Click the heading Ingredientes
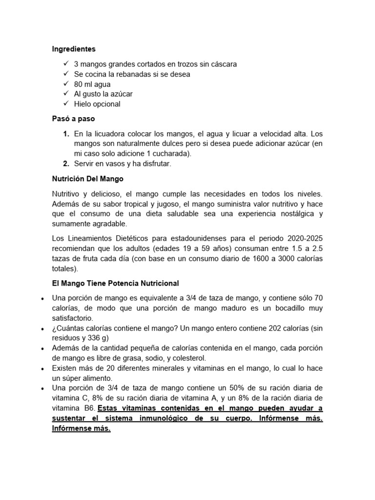(x=74, y=49)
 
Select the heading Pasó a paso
(x=73, y=119)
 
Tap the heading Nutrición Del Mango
(x=87, y=179)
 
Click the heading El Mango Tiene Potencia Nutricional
(x=115, y=283)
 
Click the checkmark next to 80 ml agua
(x=66, y=84)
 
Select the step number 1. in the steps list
(x=65, y=134)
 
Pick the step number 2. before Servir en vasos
(x=65, y=164)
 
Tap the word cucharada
(x=171, y=154)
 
